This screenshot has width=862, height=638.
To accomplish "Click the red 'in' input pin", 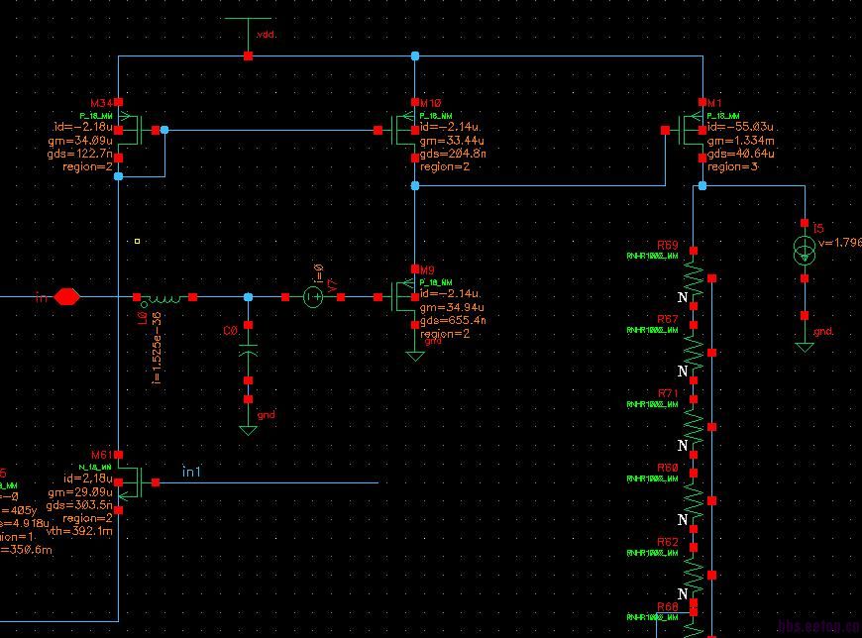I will (66, 296).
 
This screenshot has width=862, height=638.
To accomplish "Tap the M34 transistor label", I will (101, 103).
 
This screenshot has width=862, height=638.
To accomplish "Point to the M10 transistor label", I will (431, 103).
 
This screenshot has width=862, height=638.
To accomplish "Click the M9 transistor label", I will (427, 270).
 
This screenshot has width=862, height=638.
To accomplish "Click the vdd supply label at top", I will (266, 35).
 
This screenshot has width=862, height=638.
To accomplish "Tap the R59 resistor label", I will (668, 245).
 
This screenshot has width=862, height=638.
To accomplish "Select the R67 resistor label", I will (668, 319).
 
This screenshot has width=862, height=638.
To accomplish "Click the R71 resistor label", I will (668, 393).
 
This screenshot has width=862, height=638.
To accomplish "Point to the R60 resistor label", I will (668, 467).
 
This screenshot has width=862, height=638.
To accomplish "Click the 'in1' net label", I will (191, 472).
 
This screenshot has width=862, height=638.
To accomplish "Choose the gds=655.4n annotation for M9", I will (453, 321).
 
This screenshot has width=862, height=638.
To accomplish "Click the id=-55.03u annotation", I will (741, 129).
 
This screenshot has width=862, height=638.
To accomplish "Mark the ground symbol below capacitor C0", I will (248, 429).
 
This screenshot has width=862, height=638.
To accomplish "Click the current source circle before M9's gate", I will (312, 296).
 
